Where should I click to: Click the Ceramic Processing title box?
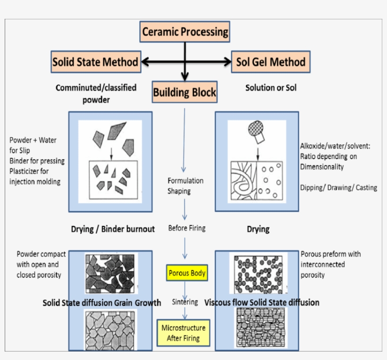click(x=185, y=32)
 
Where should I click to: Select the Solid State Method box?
click(x=95, y=62)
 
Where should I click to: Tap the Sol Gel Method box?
click(x=270, y=62)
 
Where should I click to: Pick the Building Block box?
click(x=185, y=92)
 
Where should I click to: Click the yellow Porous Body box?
click(x=187, y=273)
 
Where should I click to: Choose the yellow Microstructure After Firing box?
click(x=183, y=333)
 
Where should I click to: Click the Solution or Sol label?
click(x=271, y=88)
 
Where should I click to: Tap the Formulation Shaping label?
click(x=185, y=186)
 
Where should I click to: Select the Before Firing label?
click(x=187, y=228)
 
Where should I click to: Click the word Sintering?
click(x=185, y=301)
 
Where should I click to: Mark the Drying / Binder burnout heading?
click(x=113, y=229)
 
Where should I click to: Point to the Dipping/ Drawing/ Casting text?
click(x=338, y=188)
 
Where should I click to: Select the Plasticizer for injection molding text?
click(x=35, y=176)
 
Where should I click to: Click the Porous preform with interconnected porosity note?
click(x=330, y=264)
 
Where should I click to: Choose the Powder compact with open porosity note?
click(x=41, y=264)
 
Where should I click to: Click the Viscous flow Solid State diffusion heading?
click(x=262, y=302)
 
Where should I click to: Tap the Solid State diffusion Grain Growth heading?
click(x=102, y=302)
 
